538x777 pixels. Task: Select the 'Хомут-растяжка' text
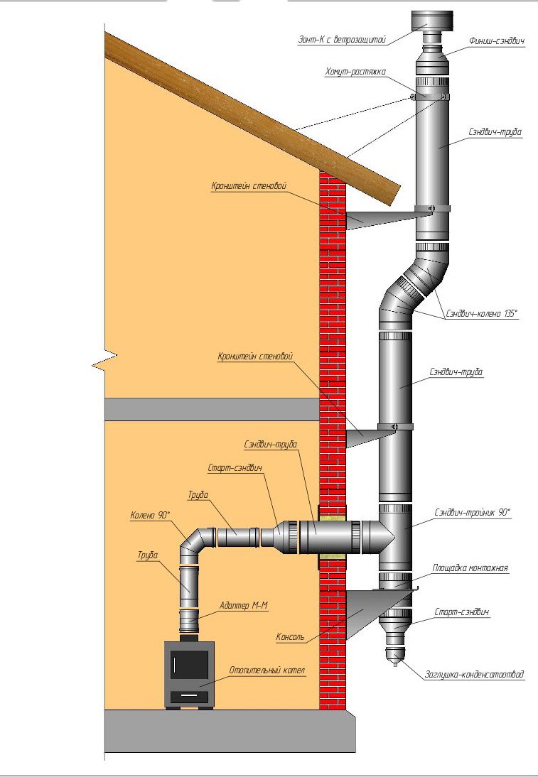point(355,72)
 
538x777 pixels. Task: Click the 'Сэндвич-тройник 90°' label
point(472,511)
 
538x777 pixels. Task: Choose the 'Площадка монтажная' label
point(470,568)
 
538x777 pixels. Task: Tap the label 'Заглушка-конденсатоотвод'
point(475,675)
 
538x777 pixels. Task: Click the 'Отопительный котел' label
point(267,670)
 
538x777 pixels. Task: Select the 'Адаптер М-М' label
point(244,606)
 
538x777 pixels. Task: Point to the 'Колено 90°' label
point(151,516)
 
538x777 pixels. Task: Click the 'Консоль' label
point(290,637)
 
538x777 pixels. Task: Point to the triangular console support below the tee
point(363,609)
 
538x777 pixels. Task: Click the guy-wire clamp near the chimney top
point(431,97)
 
